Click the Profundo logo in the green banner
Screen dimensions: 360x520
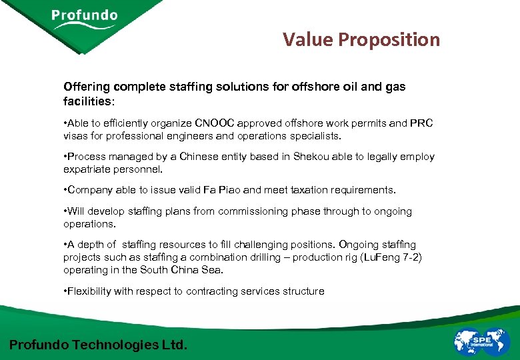pyautogui.click(x=84, y=19)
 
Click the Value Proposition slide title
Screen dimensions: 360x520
pyautogui.click(x=361, y=40)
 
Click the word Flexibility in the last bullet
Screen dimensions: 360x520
pyautogui.click(x=91, y=291)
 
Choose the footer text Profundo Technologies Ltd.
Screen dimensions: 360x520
pyautogui.click(x=99, y=345)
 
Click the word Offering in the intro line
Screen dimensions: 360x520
pyautogui.click(x=87, y=87)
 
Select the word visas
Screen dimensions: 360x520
pyautogui.click(x=76, y=136)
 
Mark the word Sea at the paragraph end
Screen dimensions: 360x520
pyautogui.click(x=213, y=270)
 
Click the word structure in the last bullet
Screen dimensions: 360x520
pyautogui.click(x=303, y=291)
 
